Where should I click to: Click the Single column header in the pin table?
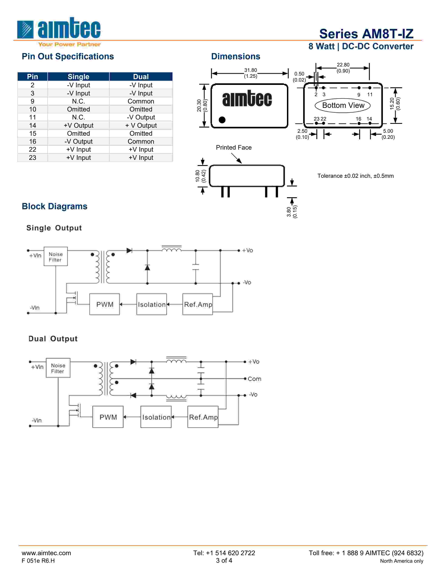pyautogui.click(x=78, y=77)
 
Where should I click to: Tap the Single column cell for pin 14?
pyautogui.click(x=78, y=125)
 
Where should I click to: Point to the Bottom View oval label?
pyautogui.click(x=343, y=105)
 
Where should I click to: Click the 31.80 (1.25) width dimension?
pyautogui.click(x=250, y=73)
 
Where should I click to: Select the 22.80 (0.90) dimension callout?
pyautogui.click(x=343, y=67)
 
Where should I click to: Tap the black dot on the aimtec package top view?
pyautogui.click(x=222, y=120)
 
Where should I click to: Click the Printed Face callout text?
pyautogui.click(x=233, y=148)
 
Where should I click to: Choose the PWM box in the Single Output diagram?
pyautogui.click(x=104, y=304)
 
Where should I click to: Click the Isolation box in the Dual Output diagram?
pyautogui.click(x=156, y=417)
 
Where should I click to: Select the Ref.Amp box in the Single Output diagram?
pyautogui.click(x=198, y=304)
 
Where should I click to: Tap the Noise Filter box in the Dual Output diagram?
pyautogui.click(x=58, y=368)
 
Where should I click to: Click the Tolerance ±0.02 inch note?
pyautogui.click(x=355, y=176)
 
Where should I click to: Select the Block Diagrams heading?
pyautogui.click(x=54, y=206)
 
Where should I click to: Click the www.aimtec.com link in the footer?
pyautogui.click(x=46, y=553)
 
